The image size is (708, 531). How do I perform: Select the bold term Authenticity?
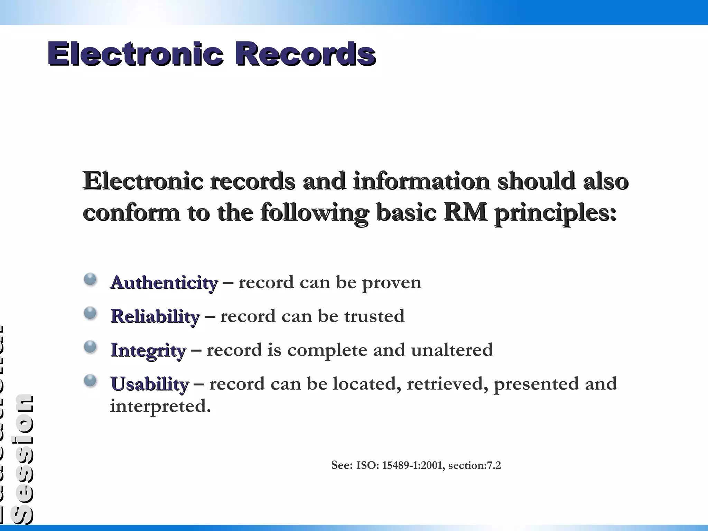point(164,283)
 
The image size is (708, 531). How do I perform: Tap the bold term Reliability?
point(155,316)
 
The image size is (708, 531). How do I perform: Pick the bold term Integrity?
point(148,350)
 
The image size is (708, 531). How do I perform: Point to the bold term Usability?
point(149,384)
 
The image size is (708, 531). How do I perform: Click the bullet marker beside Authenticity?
point(90,279)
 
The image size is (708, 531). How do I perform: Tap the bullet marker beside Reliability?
point(90,313)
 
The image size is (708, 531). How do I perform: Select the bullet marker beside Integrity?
point(90,347)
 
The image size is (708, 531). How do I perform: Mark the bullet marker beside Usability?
point(90,381)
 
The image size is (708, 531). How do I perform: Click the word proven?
point(391,283)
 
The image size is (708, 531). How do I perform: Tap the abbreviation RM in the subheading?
point(465,212)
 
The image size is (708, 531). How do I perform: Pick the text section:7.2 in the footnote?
point(474,465)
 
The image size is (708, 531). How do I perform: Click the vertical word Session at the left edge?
point(21,459)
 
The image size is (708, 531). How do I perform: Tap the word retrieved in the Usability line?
point(447,384)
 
